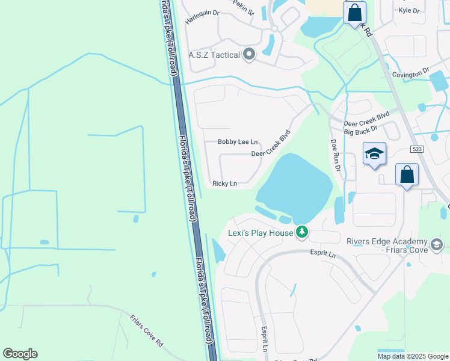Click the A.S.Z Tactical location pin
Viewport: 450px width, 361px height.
click(x=249, y=55)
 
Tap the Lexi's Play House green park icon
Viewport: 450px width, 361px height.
click(x=302, y=232)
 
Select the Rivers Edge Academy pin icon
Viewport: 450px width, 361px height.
click(x=437, y=244)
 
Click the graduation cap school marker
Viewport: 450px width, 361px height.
click(x=374, y=154)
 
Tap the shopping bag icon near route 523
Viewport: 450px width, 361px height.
click(x=407, y=175)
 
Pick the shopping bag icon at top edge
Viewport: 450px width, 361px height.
click(x=354, y=12)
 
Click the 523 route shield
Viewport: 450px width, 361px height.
click(x=417, y=149)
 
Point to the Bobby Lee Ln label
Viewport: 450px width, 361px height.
click(x=238, y=142)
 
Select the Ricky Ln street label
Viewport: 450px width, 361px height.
click(x=224, y=184)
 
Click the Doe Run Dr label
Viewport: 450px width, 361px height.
click(x=334, y=156)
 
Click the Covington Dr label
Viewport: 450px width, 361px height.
click(x=410, y=73)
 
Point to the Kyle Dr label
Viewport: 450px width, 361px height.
click(x=408, y=11)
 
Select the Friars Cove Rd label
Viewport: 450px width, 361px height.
click(x=147, y=332)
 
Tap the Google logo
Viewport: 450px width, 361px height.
click(x=20, y=354)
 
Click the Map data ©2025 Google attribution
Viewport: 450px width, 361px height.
click(x=412, y=356)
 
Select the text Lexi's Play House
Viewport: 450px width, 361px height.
click(x=260, y=233)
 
